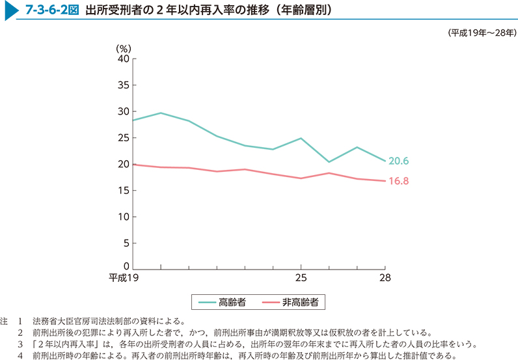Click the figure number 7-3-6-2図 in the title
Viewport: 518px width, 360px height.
click(48, 11)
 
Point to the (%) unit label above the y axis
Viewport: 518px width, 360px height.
click(124, 48)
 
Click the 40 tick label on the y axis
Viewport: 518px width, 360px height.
click(124, 59)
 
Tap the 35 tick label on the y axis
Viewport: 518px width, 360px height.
click(124, 85)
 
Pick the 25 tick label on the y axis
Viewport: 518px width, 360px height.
click(124, 138)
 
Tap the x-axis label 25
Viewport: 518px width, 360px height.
click(301, 279)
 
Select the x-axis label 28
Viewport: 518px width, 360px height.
click(385, 279)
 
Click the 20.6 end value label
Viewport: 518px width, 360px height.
click(398, 161)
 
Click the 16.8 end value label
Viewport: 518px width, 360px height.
click(398, 181)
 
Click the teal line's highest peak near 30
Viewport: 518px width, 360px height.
click(161, 113)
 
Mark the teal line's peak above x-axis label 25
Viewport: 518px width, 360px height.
click(301, 138)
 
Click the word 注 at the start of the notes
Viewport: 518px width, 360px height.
click(5, 321)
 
